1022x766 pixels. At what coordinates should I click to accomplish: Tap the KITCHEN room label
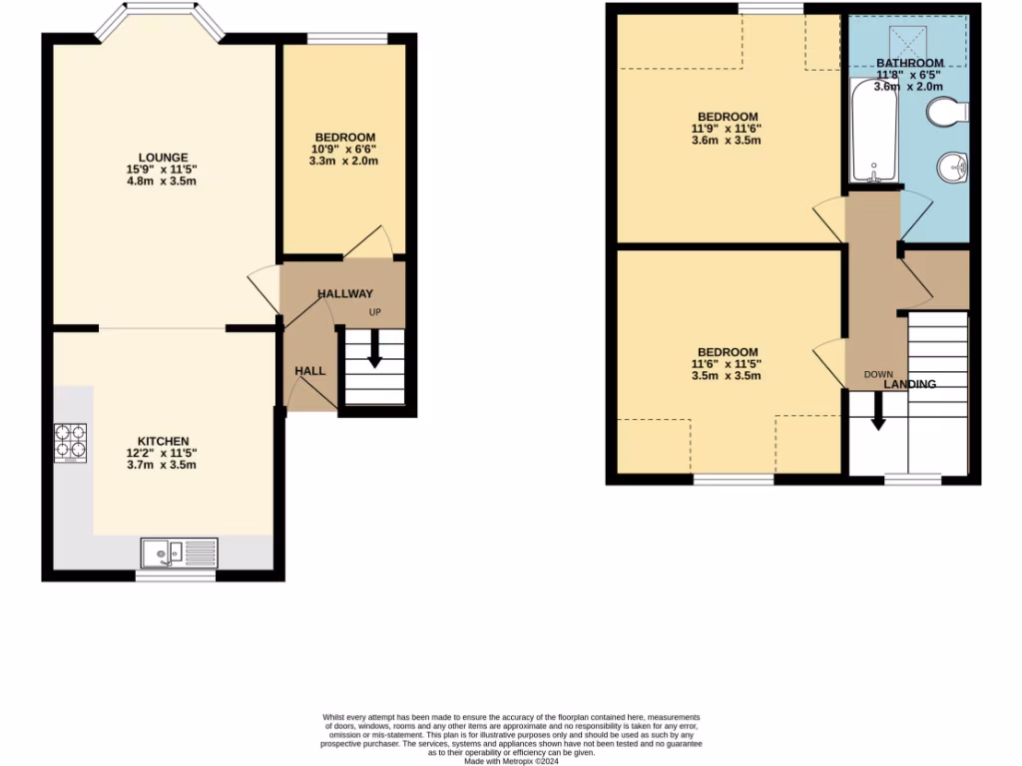[x=164, y=441]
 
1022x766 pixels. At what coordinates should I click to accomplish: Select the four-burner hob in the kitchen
[x=71, y=443]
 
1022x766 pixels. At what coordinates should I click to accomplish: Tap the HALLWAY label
[x=344, y=293]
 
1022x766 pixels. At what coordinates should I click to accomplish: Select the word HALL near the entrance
[x=309, y=371]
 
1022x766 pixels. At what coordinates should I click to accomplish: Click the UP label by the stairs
[x=375, y=313]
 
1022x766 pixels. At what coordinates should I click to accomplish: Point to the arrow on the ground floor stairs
[x=374, y=350]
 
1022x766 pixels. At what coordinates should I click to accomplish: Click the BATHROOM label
[x=909, y=63]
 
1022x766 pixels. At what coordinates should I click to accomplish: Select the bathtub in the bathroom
[x=873, y=133]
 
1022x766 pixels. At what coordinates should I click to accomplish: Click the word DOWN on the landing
[x=878, y=375]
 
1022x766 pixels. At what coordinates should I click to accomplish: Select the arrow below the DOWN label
[x=878, y=410]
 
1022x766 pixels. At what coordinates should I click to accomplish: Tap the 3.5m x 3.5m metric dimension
[x=729, y=376]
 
